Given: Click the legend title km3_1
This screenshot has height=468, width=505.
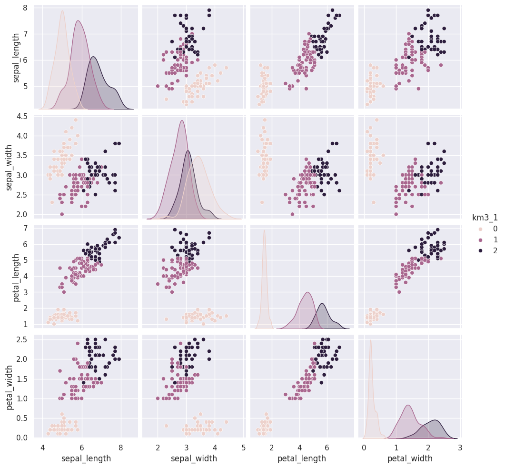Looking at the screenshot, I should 485,218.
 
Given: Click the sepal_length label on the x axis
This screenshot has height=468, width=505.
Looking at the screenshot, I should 87,458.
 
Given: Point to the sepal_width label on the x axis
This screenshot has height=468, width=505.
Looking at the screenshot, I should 194,458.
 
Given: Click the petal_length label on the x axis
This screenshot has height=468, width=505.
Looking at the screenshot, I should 302,458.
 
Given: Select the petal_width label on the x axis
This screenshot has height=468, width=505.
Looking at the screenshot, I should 410,458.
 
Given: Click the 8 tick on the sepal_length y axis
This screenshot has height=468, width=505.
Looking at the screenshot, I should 24,8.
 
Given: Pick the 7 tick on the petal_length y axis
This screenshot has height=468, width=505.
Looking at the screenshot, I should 24,228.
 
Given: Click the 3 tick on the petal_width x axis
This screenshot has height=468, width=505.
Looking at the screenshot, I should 460,447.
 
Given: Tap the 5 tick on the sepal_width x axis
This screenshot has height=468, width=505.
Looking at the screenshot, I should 244,447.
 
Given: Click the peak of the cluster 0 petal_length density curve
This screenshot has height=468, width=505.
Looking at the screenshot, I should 264,230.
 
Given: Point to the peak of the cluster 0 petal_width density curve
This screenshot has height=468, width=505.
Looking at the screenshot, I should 370,340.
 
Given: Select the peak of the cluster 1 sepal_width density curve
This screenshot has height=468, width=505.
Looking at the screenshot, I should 182,120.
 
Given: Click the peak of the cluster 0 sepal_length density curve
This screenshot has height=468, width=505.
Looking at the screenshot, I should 62,10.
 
